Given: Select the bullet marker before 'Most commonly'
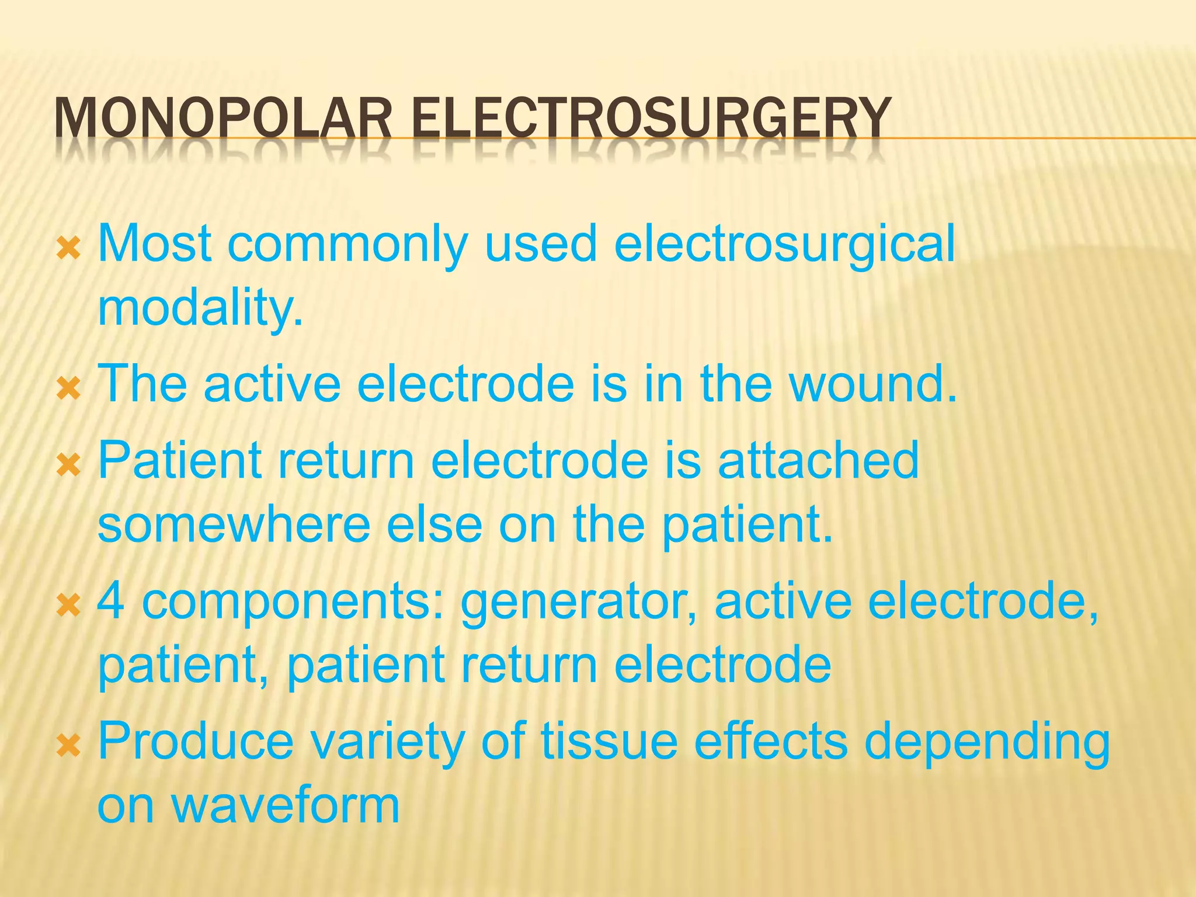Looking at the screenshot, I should [69, 251].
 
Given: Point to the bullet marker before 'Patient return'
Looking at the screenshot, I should [69, 467].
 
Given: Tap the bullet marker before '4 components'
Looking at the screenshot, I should [69, 607].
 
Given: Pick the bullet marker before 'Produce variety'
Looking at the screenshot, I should [69, 746].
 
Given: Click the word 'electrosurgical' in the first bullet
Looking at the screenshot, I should [784, 244].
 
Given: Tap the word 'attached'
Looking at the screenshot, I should [818, 461].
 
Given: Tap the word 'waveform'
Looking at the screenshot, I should [284, 805].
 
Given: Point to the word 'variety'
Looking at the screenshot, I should [387, 742].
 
